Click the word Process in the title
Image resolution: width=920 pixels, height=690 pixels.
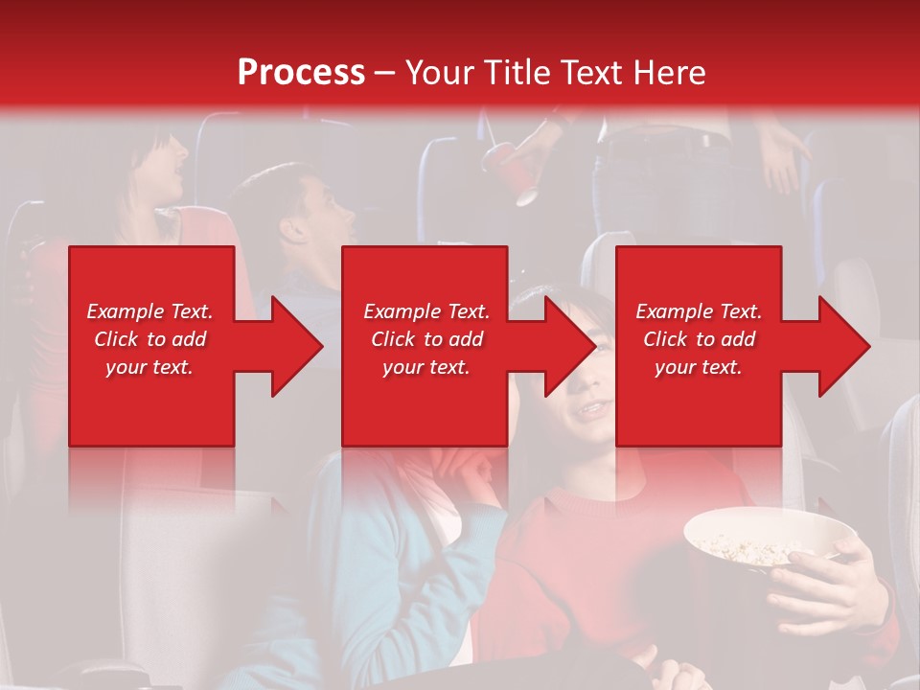pos(301,73)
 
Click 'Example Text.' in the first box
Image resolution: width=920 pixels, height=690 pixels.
pos(149,311)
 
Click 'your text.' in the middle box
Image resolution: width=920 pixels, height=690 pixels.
pos(425,367)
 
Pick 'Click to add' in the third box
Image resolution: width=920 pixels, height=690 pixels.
pos(699,339)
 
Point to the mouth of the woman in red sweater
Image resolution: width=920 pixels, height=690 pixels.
pos(591,409)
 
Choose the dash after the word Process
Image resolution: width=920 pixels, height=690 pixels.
pos(385,73)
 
